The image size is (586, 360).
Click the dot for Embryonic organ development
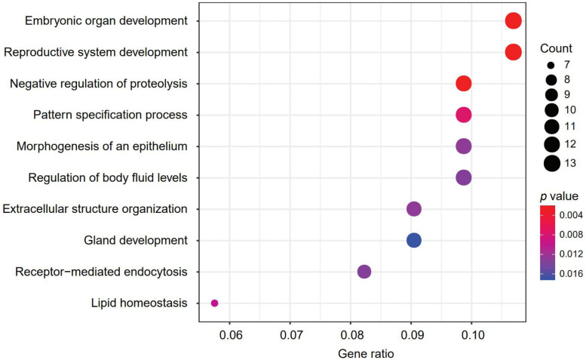click(x=513, y=21)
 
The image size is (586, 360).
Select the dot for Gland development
click(x=413, y=241)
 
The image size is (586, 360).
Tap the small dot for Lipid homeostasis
click(x=214, y=303)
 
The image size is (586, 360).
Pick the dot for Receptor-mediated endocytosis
click(x=364, y=272)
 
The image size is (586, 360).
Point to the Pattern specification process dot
click(x=463, y=115)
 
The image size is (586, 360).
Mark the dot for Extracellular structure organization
click(x=413, y=209)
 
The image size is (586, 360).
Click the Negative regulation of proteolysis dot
click(x=463, y=84)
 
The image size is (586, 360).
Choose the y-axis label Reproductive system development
click(x=95, y=52)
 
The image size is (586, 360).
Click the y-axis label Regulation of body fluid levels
click(x=107, y=178)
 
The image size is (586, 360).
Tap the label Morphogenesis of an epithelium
click(x=103, y=146)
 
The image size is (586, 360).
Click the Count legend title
click(x=556, y=48)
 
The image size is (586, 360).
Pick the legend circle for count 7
click(x=551, y=65)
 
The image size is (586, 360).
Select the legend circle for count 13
click(x=551, y=162)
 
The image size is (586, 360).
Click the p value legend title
click(x=557, y=195)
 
